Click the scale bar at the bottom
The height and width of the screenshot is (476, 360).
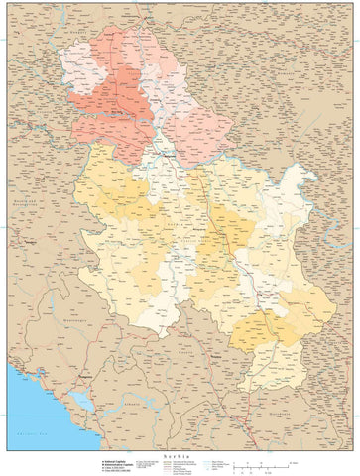[x=268, y=465]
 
